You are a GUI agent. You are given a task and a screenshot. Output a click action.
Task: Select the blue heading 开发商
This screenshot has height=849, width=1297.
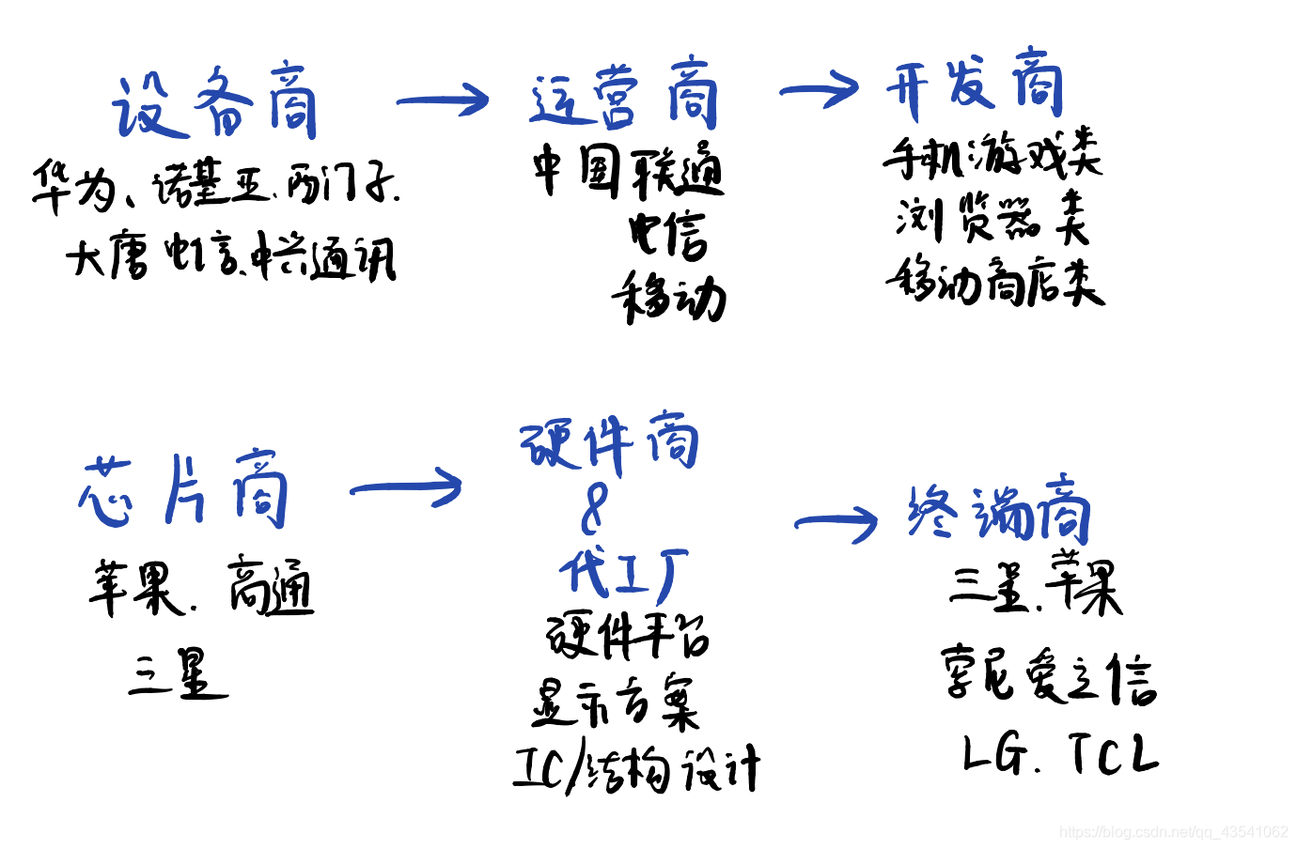click(974, 84)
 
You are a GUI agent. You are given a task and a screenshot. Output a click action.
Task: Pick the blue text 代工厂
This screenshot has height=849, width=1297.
click(623, 572)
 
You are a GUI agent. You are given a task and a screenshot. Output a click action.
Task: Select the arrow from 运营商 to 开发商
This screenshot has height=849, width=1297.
click(820, 89)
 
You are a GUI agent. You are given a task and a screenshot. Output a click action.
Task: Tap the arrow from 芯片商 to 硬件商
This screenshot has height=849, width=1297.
click(406, 486)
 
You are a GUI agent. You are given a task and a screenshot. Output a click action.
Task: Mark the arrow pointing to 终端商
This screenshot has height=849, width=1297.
click(836, 522)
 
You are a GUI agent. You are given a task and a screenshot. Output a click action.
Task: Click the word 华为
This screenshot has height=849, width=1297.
click(73, 186)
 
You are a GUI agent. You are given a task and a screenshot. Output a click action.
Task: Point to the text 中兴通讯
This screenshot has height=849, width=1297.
click(325, 256)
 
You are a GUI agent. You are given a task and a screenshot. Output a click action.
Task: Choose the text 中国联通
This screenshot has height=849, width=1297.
click(628, 170)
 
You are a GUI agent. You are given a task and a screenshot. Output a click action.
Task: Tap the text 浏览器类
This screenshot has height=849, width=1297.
click(992, 219)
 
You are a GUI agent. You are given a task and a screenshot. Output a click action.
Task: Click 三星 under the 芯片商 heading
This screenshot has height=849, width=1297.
click(179, 674)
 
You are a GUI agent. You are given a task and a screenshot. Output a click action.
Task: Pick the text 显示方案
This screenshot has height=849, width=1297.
click(616, 704)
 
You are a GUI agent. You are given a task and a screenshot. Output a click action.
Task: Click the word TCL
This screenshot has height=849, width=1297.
click(1114, 753)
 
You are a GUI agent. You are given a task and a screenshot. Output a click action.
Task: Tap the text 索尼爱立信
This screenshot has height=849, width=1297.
click(1049, 675)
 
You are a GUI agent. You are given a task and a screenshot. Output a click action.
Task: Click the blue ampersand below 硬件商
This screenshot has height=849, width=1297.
click(595, 508)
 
